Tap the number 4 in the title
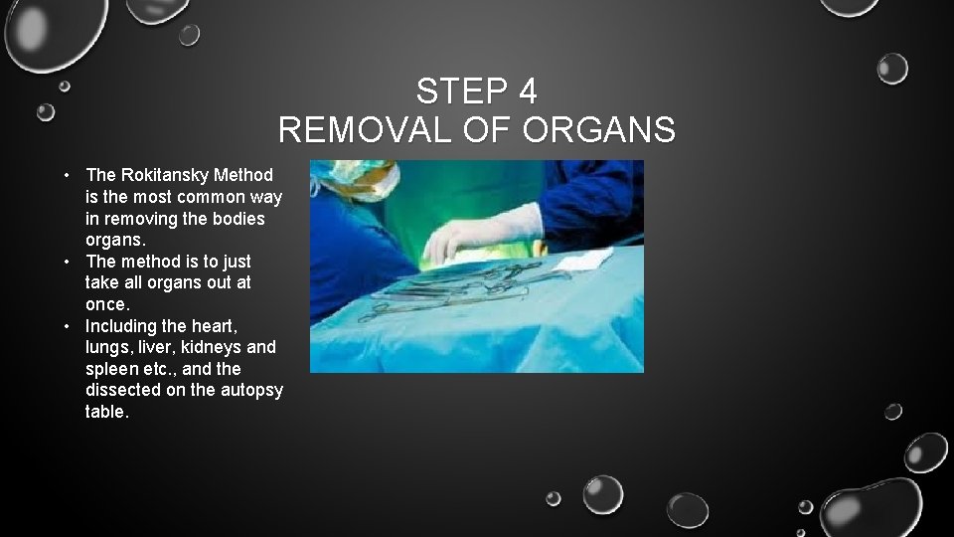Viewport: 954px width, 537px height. [528, 92]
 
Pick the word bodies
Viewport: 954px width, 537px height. [238, 219]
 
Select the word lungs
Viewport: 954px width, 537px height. [107, 348]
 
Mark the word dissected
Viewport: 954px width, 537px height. [123, 390]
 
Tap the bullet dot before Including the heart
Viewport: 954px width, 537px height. [65, 326]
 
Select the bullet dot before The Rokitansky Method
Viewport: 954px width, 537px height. [65, 175]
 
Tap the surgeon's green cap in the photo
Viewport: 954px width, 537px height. [348, 174]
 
